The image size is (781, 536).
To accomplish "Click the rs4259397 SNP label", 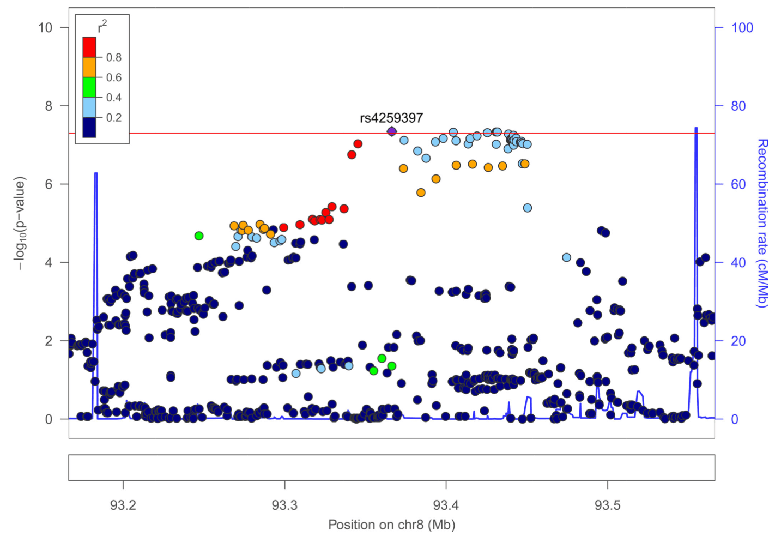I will click(x=391, y=118).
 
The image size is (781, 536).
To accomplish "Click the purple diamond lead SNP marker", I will click(x=391, y=131).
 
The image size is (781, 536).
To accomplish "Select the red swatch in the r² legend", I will click(x=89, y=47).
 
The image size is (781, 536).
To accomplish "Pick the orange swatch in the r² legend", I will click(x=89, y=67).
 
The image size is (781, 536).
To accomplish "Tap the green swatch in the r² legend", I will click(x=89, y=87).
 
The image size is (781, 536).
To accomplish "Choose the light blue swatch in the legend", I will click(x=89, y=107).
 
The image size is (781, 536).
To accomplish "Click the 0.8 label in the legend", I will click(x=113, y=57).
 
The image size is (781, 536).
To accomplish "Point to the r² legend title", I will click(x=102, y=26).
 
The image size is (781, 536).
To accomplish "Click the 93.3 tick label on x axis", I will click(x=284, y=505).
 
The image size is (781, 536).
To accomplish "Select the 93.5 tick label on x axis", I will click(x=607, y=505).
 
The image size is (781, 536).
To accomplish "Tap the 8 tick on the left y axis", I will click(x=49, y=106).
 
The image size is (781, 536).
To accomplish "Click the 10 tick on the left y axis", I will click(x=45, y=28).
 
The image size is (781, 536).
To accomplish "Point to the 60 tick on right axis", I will click(x=738, y=184).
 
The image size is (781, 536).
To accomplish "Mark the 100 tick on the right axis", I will click(x=742, y=28).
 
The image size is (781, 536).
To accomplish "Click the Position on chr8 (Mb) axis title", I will click(x=391, y=525).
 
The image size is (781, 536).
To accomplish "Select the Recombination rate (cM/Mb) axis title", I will click(x=762, y=223).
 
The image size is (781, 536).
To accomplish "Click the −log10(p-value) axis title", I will click(x=20, y=223).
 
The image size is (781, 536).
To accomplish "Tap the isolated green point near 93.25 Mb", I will click(x=199, y=236).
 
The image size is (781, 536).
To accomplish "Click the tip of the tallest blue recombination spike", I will click(x=696, y=128).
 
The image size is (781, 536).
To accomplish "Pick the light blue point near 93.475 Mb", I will click(x=566, y=257).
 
